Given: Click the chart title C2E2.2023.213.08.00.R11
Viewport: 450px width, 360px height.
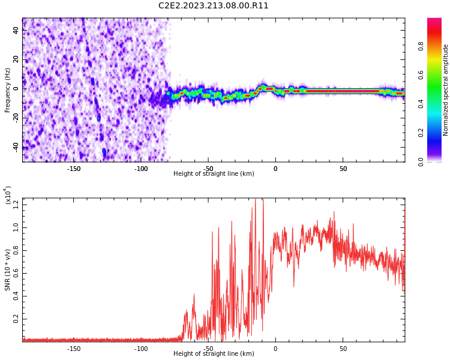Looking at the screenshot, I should (x=213, y=6).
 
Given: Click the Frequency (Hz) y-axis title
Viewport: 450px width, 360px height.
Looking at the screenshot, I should (x=8, y=90).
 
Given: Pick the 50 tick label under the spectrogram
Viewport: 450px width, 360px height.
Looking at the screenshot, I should (x=343, y=169).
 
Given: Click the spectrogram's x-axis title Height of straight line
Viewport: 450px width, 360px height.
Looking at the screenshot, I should (x=214, y=174).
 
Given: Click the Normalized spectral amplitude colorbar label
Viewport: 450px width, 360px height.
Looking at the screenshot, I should (x=446, y=90).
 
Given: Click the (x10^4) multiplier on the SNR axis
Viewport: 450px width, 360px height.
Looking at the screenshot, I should (x=8, y=195).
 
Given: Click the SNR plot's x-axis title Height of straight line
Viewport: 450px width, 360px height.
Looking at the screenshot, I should (x=214, y=354).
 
